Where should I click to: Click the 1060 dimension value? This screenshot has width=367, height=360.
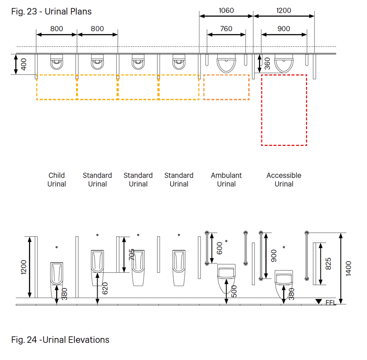coord(226,10)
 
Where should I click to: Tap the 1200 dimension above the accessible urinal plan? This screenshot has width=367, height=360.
coord(283,10)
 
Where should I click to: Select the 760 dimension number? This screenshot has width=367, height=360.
coord(226,29)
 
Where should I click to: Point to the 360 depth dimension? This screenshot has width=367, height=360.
coord(267,64)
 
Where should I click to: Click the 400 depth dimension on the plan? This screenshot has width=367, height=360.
coord(23,64)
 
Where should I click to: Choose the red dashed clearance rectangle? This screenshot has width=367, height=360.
coord(284,110)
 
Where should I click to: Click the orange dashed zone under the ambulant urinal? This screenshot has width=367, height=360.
coord(226,87)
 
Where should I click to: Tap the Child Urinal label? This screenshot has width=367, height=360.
coord(57,180)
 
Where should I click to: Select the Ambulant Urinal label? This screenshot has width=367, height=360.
coord(226,180)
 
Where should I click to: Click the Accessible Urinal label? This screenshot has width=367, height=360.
coord(284,180)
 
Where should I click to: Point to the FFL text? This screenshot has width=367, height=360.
coord(331,303)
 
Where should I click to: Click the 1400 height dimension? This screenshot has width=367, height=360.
coord(349,269)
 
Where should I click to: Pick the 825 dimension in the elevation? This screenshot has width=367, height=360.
coord(329,264)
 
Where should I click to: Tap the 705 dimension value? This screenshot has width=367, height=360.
coord(131,255)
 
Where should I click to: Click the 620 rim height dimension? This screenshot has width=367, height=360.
coord(105,288)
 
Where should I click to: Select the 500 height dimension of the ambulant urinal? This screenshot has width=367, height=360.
coord(234,291)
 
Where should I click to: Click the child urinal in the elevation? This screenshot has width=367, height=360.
coord(56,279)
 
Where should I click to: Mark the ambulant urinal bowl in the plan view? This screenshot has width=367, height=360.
coord(226,63)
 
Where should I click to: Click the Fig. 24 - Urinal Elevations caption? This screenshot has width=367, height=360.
coord(60,340)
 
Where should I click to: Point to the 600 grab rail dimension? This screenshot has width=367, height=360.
coord(219,248)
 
